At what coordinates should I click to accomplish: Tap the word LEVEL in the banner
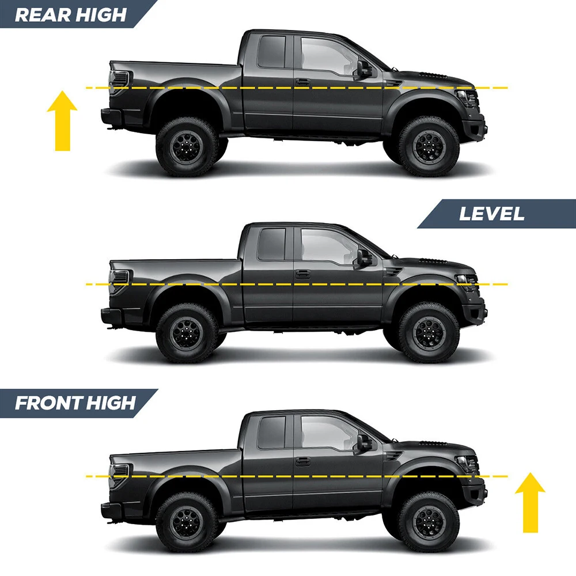(492, 214)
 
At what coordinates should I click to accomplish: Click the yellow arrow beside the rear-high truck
(62, 120)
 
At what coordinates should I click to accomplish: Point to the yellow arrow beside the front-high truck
(530, 502)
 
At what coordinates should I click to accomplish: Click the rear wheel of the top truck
(187, 146)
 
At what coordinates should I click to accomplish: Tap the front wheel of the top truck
(429, 146)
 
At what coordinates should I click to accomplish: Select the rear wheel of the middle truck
(187, 333)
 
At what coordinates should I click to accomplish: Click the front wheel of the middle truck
(429, 333)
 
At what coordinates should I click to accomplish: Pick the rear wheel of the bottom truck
(187, 522)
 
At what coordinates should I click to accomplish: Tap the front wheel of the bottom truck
(429, 522)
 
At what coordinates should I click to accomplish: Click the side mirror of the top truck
(363, 70)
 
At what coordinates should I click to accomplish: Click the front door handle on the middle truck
(303, 274)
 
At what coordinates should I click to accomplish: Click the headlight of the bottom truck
(466, 464)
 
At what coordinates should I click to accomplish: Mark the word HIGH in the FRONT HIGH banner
(111, 403)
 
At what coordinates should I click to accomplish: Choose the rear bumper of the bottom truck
(111, 510)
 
